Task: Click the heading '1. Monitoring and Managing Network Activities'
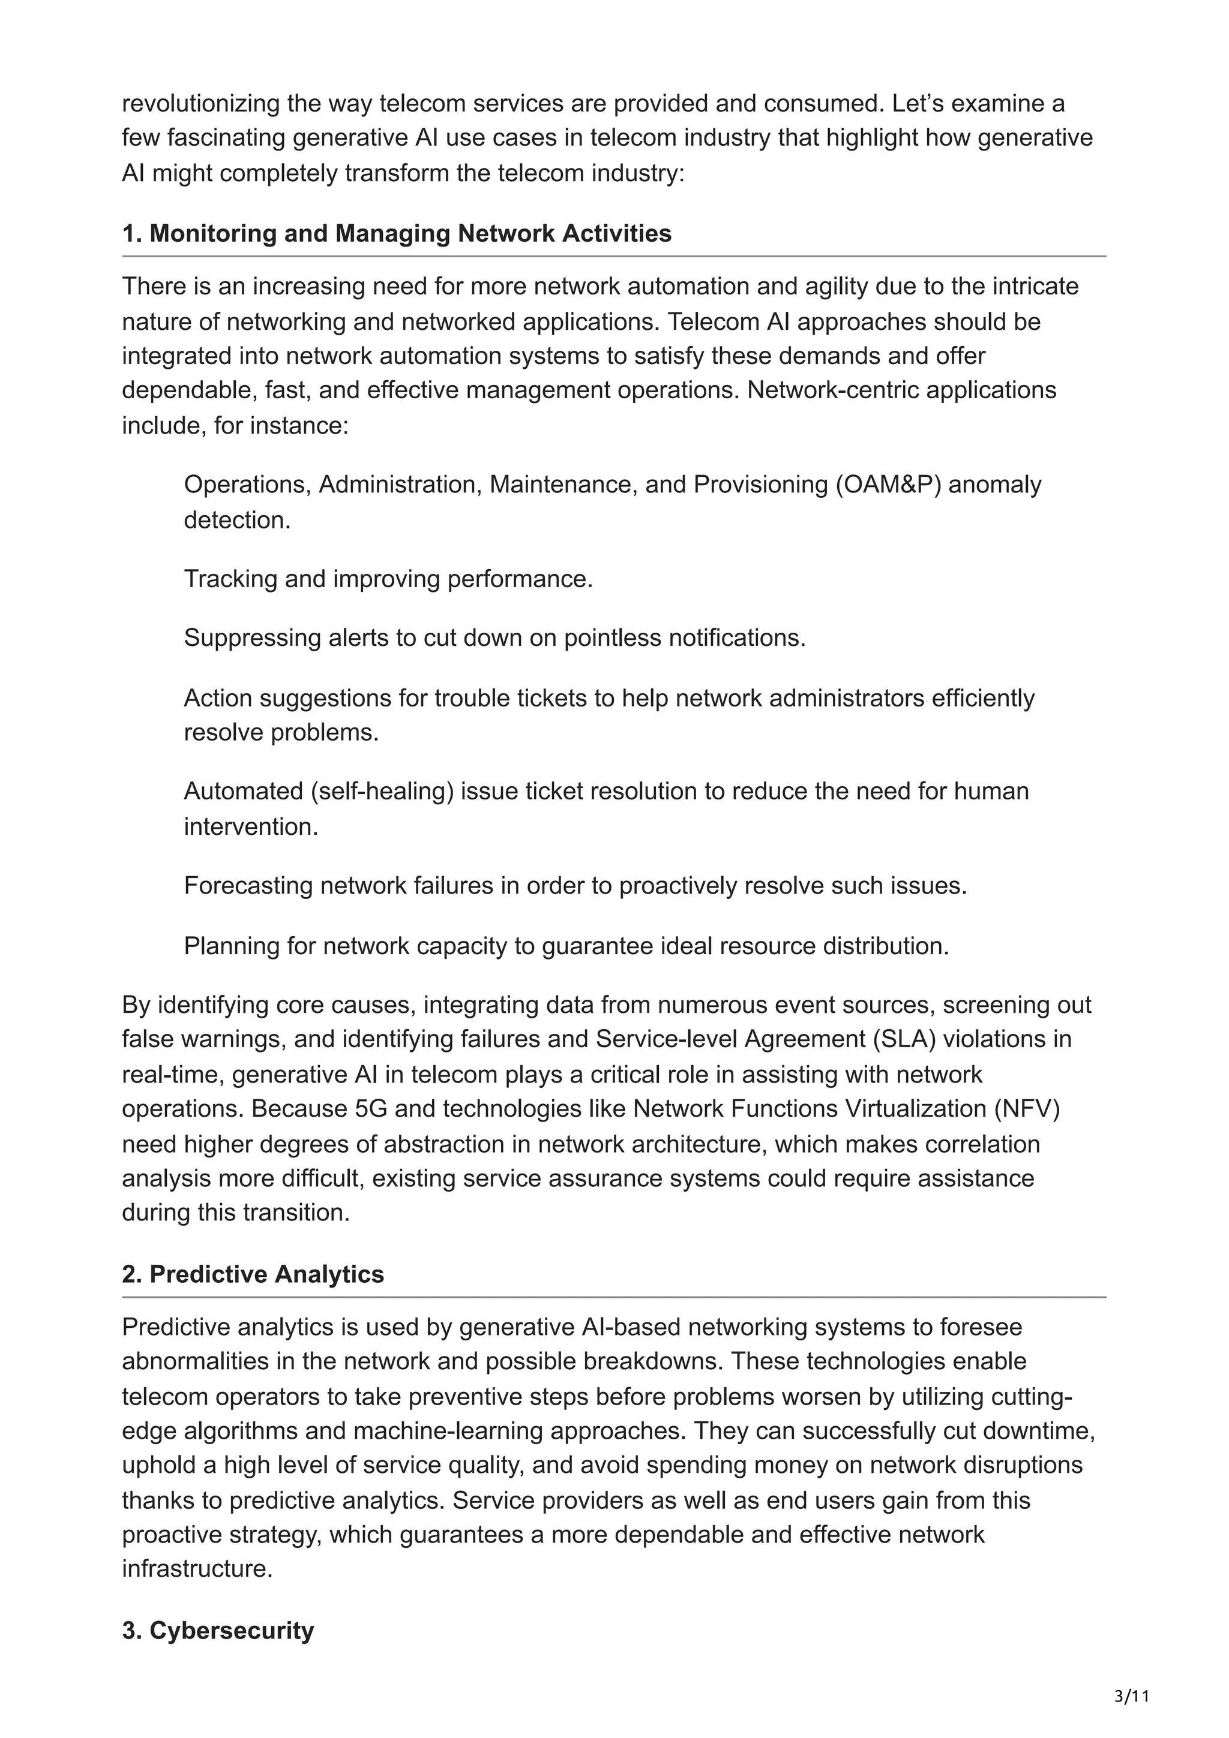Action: pyautogui.click(x=397, y=233)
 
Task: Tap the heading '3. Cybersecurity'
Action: pyautogui.click(x=218, y=1630)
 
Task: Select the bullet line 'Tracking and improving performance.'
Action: pyautogui.click(x=388, y=579)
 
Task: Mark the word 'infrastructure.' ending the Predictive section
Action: pyautogui.click(x=197, y=1568)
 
